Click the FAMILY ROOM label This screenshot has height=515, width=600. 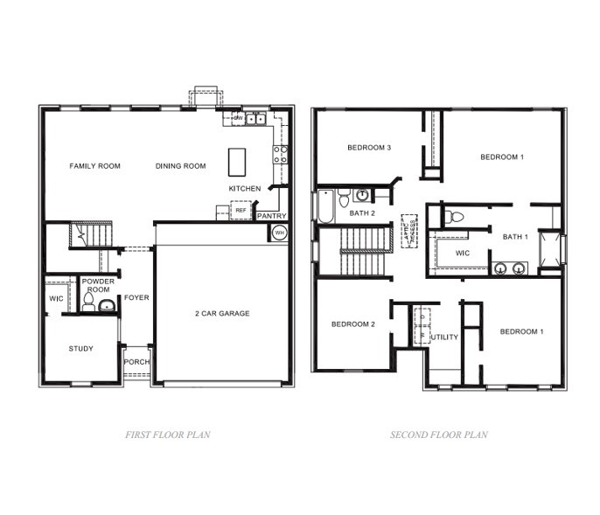coord(95,166)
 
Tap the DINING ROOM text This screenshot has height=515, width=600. coord(181,166)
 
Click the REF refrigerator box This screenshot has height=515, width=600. coord(240,211)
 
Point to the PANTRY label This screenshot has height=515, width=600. coord(271,216)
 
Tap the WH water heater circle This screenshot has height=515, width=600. coord(279,233)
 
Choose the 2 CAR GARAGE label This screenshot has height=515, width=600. coord(222,313)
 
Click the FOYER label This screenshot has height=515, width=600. coord(136,297)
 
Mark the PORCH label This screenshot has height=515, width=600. coord(136,362)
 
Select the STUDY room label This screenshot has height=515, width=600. coord(81,349)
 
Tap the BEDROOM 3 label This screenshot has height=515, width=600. coord(368,148)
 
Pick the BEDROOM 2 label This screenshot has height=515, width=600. coord(353,324)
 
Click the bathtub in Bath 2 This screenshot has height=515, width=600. coord(324,207)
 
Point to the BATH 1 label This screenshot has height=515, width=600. coord(515,237)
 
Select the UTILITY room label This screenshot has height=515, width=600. coord(445,337)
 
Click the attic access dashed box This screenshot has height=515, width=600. coord(408,231)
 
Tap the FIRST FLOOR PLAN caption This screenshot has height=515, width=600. coord(168,435)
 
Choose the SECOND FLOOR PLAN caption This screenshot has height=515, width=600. coord(439,435)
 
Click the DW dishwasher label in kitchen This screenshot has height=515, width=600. coord(237,117)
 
